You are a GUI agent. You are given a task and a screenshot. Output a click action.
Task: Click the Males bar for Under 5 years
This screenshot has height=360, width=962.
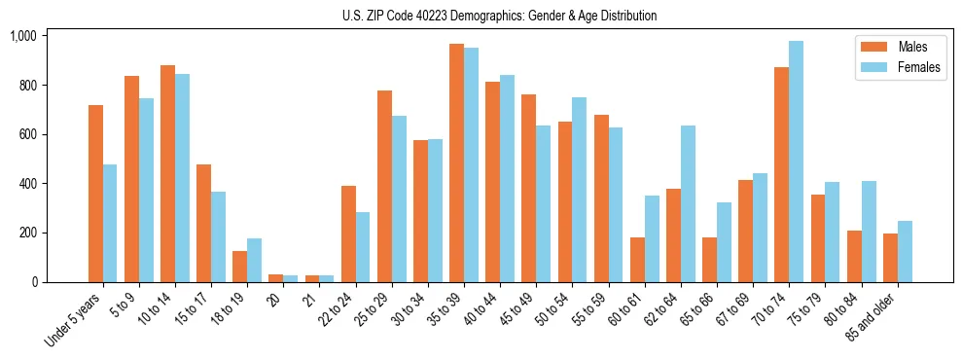point(95,194)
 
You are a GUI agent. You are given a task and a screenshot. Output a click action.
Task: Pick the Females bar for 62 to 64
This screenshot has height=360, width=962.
point(688,204)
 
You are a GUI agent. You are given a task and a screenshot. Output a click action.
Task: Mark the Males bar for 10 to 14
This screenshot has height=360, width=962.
point(167,174)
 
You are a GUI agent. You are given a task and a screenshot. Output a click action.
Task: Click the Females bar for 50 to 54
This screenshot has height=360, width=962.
point(580,190)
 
